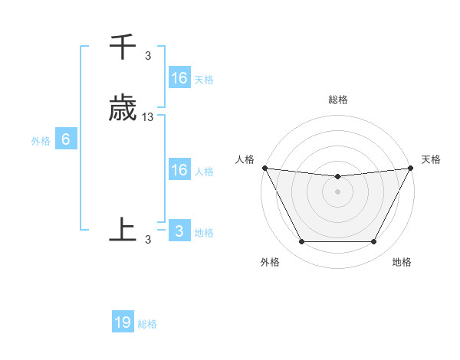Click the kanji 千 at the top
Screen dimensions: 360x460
tap(123, 47)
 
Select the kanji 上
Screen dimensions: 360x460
tap(123, 229)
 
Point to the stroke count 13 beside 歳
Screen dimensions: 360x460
tap(148, 117)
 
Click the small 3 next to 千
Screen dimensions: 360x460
tap(148, 55)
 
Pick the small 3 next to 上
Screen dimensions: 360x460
tap(148, 240)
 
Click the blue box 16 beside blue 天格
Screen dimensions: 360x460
tap(179, 78)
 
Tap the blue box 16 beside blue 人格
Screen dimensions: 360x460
tap(179, 170)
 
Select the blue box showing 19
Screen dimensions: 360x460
tap(123, 322)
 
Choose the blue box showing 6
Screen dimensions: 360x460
tap(66, 139)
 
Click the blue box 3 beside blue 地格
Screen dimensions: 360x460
tap(179, 231)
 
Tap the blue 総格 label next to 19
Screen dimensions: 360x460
tap(148, 324)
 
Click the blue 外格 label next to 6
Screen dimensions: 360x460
tap(41, 140)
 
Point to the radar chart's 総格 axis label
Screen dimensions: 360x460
tap(337, 100)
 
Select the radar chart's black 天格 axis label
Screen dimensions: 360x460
tap(431, 159)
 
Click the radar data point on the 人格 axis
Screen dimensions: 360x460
tap(264, 168)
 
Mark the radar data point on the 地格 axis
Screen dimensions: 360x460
tap(374, 242)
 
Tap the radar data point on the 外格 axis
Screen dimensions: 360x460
tap(301, 242)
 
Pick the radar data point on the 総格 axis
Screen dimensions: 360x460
tap(337, 177)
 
